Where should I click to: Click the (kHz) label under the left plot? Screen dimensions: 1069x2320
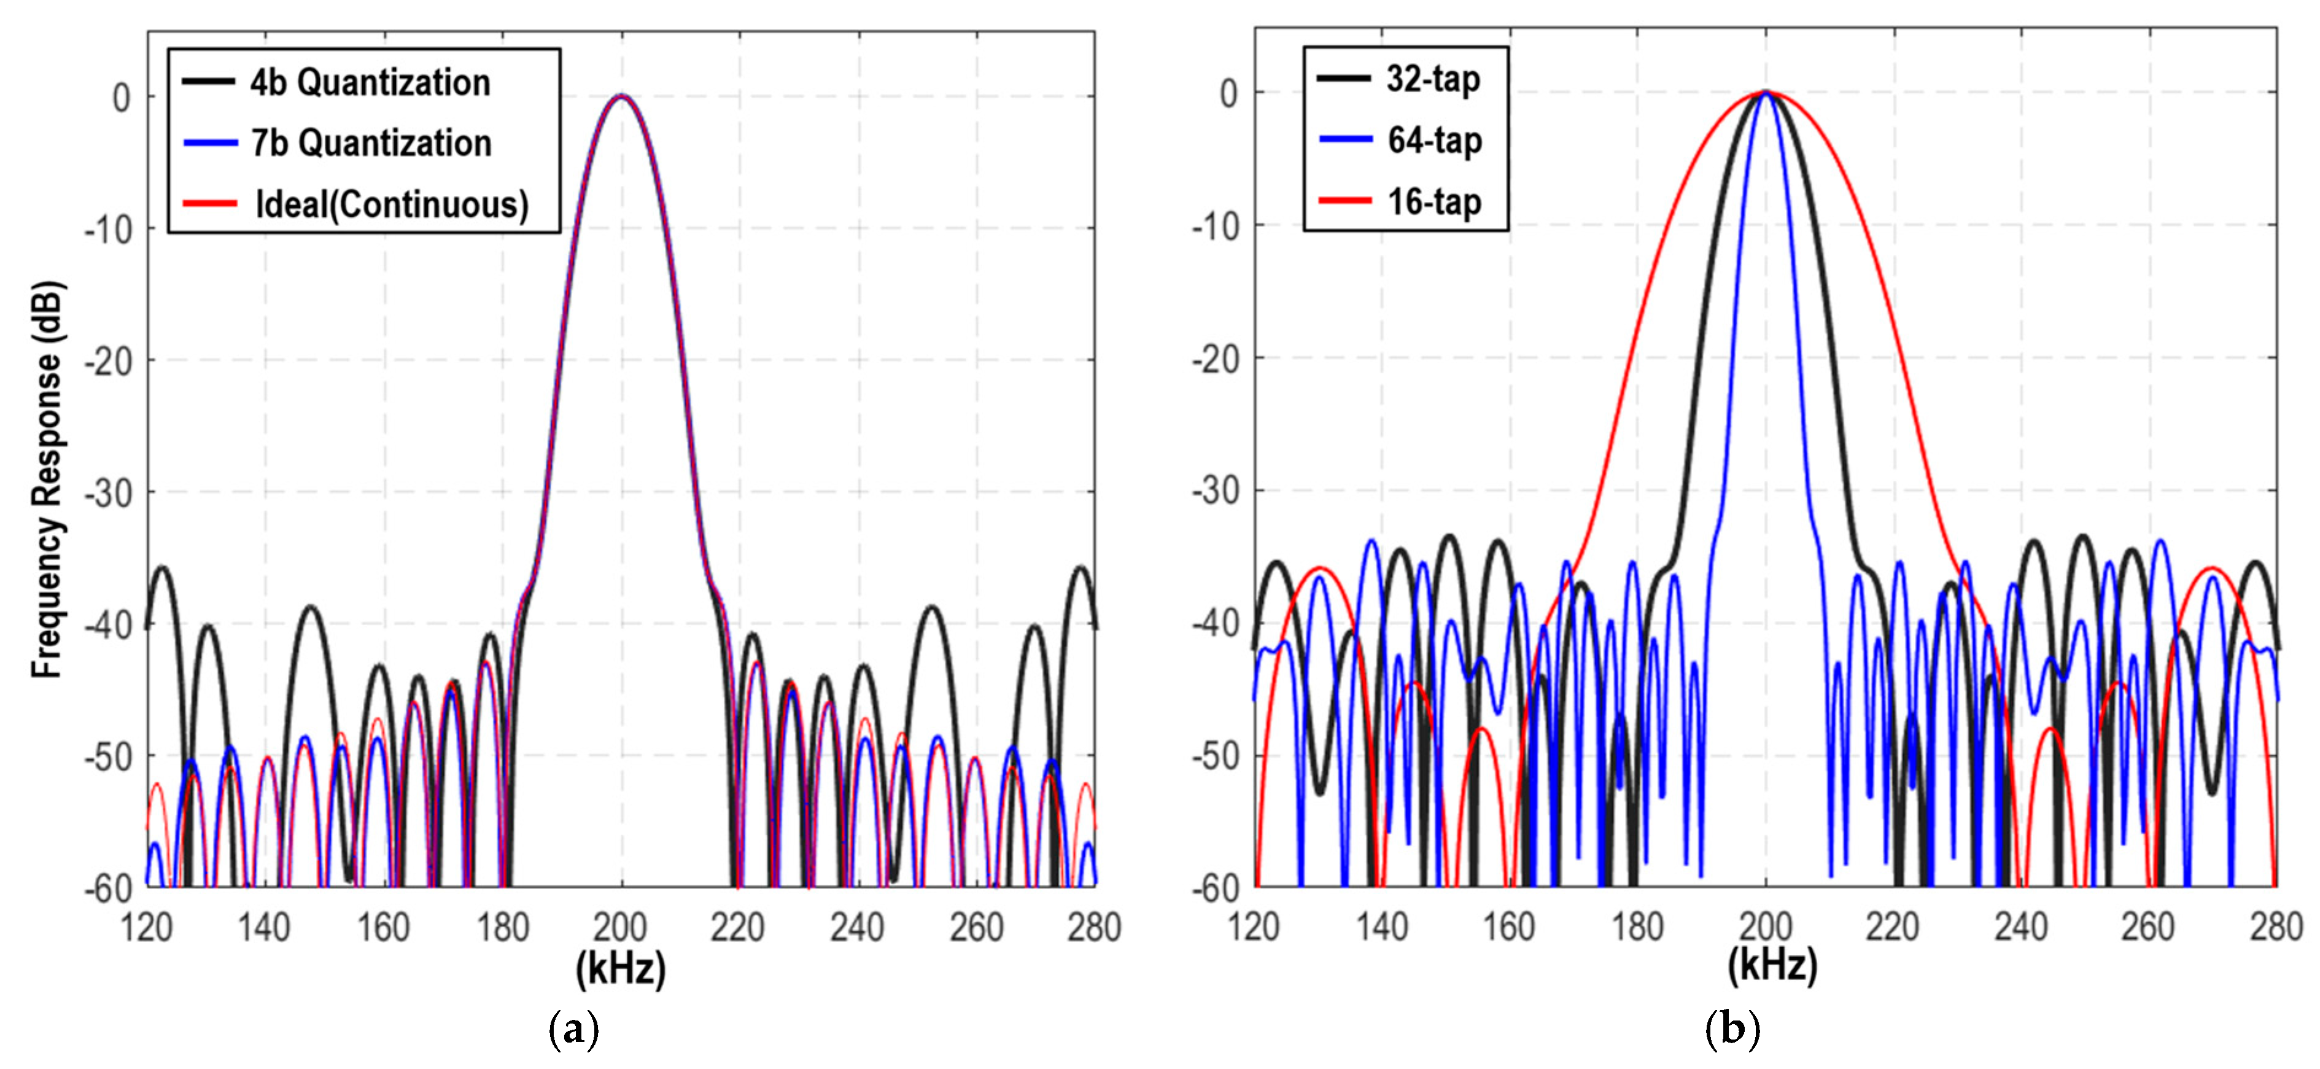pyautogui.click(x=621, y=968)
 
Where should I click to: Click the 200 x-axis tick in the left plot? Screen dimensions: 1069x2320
pyautogui.click(x=621, y=927)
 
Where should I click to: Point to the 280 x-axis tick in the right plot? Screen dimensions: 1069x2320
pyautogui.click(x=2276, y=926)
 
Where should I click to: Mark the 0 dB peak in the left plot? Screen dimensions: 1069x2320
pyautogui.click(x=621, y=95)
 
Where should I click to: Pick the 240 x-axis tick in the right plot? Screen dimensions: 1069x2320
pyautogui.click(x=2021, y=926)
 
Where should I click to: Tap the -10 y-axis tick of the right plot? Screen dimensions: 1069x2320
pyautogui.click(x=1215, y=225)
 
